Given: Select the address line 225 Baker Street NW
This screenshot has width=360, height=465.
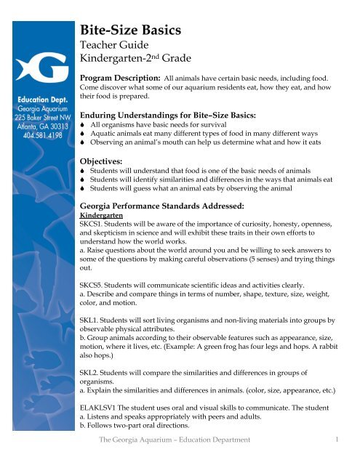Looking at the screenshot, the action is click(37, 114).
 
